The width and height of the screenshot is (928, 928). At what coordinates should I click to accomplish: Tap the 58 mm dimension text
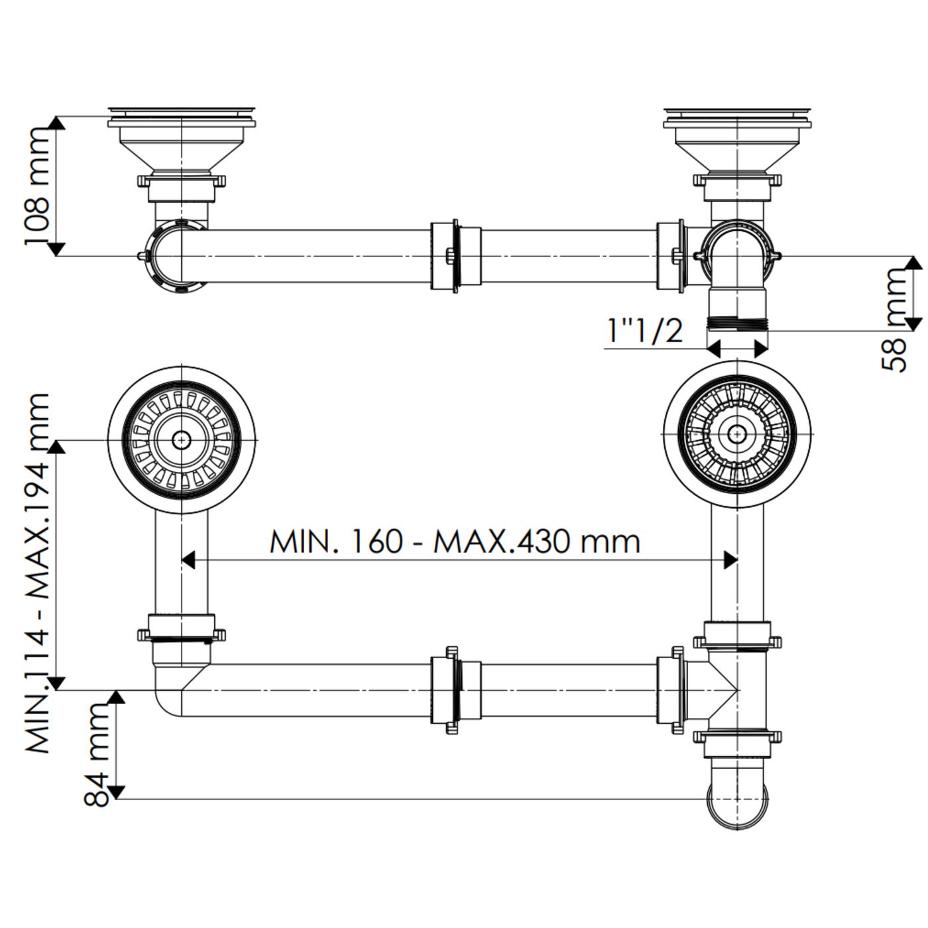click(x=896, y=318)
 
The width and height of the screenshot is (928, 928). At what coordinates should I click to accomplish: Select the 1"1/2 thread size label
click(x=645, y=330)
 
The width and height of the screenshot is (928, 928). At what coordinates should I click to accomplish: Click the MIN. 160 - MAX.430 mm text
click(x=455, y=542)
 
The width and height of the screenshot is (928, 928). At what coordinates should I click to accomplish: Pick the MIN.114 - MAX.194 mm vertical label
click(x=38, y=573)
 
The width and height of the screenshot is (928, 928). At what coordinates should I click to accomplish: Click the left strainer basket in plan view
click(x=181, y=439)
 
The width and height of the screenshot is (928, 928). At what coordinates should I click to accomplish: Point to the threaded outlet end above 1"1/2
click(x=737, y=323)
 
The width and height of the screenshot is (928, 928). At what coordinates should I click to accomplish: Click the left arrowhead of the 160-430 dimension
click(x=188, y=560)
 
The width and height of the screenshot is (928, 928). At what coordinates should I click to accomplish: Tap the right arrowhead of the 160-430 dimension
click(x=730, y=560)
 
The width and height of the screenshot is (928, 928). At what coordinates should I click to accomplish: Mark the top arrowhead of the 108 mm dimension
click(x=57, y=123)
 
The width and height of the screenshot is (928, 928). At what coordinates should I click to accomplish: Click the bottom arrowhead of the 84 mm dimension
click(x=117, y=792)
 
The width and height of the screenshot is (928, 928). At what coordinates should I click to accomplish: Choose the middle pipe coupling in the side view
click(x=455, y=256)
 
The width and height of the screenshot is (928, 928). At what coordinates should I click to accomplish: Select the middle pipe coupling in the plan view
click(x=455, y=689)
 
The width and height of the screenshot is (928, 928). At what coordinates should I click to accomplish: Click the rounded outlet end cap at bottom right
click(x=737, y=805)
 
